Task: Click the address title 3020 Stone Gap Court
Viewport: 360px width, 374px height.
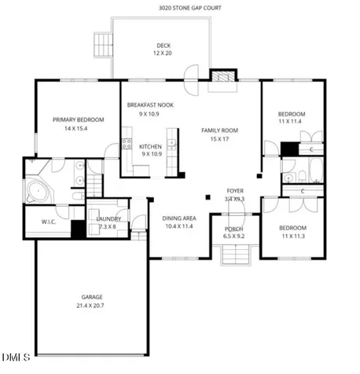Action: pyautogui.click(x=190, y=8)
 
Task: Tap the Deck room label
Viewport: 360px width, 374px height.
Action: pyautogui.click(x=163, y=46)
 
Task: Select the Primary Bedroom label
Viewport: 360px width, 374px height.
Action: pyautogui.click(x=79, y=119)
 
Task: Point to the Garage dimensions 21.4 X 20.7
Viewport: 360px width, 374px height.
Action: pyautogui.click(x=90, y=306)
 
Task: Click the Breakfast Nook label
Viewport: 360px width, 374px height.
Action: pyautogui.click(x=150, y=105)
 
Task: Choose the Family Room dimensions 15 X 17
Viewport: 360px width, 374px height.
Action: pyautogui.click(x=219, y=139)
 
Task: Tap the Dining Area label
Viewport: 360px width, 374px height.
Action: pyautogui.click(x=179, y=218)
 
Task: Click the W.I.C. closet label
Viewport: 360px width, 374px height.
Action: pyautogui.click(x=49, y=222)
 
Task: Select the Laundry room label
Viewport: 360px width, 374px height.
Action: pyautogui.click(x=108, y=218)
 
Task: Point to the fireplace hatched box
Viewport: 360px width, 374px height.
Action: pyautogui.click(x=223, y=76)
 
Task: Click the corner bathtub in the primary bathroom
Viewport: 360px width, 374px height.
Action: pyautogui.click(x=38, y=192)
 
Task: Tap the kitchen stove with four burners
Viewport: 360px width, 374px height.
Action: pyautogui.click(x=127, y=144)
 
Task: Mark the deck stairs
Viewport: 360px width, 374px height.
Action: pyautogui.click(x=103, y=45)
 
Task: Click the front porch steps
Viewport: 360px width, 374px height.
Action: pyautogui.click(x=236, y=255)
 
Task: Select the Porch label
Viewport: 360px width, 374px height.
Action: pyautogui.click(x=233, y=229)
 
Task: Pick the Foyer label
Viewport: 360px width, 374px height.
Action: pyautogui.click(x=235, y=191)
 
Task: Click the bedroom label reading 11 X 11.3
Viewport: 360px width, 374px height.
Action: pyautogui.click(x=293, y=236)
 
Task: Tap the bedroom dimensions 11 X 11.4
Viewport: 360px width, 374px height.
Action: pyautogui.click(x=290, y=121)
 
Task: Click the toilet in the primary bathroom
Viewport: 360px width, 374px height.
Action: pyautogui.click(x=78, y=196)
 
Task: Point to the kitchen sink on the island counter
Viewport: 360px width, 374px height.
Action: pyautogui.click(x=172, y=145)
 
